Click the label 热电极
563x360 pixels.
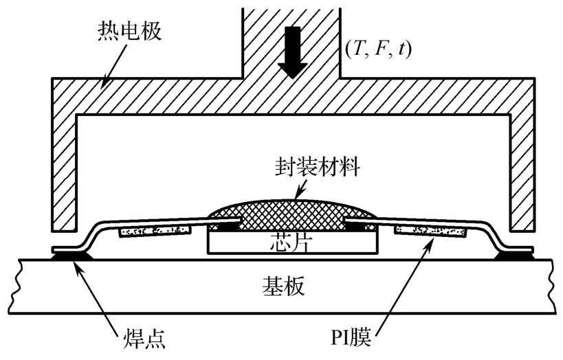pyautogui.click(x=129, y=31)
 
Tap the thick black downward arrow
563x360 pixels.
pyautogui.click(x=293, y=52)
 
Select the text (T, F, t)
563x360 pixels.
pyautogui.click(x=378, y=49)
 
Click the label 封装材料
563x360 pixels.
pyautogui.click(x=318, y=167)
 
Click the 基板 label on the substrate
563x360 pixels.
pyautogui.click(x=284, y=286)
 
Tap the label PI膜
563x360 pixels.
pyautogui.click(x=351, y=337)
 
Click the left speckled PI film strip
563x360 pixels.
pyautogui.click(x=155, y=231)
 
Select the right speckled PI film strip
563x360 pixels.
pyautogui.click(x=430, y=231)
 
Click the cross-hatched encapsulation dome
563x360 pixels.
pyautogui.click(x=293, y=214)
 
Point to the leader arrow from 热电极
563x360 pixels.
pyautogui.click(x=115, y=65)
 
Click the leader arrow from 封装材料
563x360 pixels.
pyautogui.click(x=300, y=188)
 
